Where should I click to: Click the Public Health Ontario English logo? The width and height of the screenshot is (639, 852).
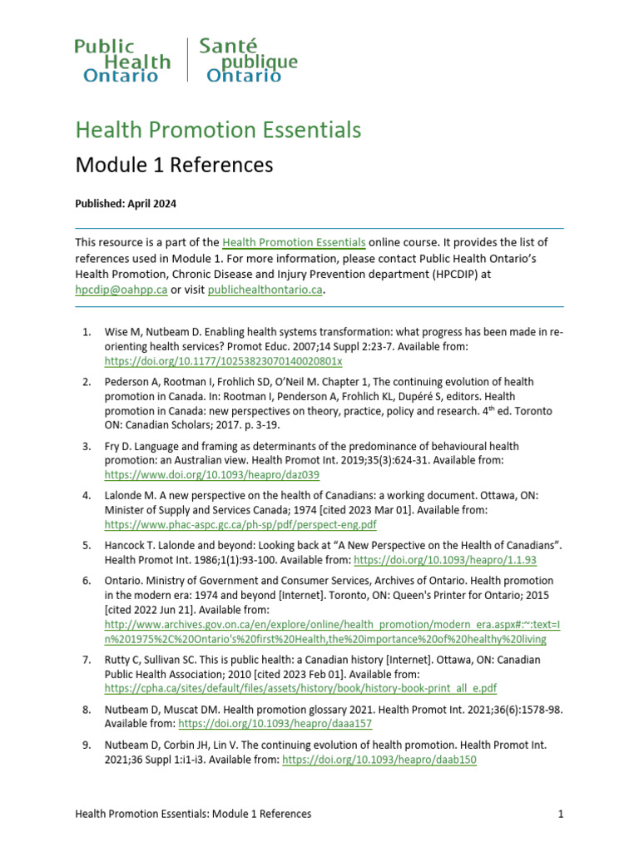click(122, 61)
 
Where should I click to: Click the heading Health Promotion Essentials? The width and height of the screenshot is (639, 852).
click(218, 130)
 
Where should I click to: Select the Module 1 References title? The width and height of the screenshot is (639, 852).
click(174, 165)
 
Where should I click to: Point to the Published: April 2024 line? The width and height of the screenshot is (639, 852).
click(126, 203)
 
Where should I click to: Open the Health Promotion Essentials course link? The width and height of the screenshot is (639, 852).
click(294, 242)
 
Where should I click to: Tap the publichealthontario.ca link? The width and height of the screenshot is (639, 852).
click(265, 290)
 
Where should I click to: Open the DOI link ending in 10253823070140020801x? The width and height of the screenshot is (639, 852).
click(223, 362)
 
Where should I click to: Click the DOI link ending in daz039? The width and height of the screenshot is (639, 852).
click(211, 474)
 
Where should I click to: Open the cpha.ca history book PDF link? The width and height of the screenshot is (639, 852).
click(300, 688)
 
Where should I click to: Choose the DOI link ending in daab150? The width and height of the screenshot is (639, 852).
click(379, 760)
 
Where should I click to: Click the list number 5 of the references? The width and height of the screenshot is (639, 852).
click(86, 545)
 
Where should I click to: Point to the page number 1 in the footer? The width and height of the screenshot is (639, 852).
click(561, 814)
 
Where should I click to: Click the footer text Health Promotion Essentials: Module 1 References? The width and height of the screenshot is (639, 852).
click(193, 814)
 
